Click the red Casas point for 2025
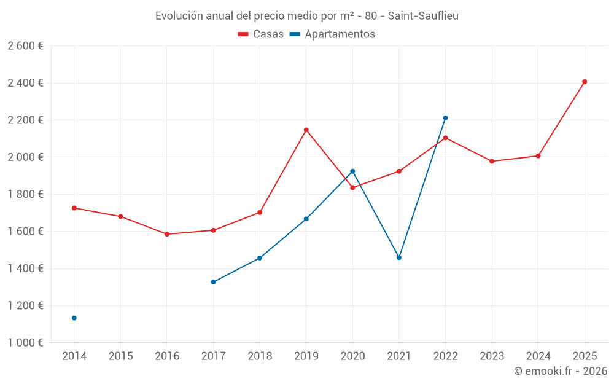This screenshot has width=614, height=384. point(585,82)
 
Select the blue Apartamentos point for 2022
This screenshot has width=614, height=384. point(445,118)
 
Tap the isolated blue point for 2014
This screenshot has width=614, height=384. point(74,318)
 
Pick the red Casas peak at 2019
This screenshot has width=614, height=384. point(306,130)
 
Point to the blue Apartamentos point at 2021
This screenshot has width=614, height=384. point(399,257)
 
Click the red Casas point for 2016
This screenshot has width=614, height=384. point(167,234)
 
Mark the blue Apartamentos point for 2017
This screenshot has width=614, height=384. point(213,282)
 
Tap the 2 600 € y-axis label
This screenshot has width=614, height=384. point(25,46)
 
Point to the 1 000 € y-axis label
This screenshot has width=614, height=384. point(25,343)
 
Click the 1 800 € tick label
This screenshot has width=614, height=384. point(25,194)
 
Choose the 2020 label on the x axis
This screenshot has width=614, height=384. point(352,356)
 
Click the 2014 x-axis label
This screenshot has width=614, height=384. point(74,356)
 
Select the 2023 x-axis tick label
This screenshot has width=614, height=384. point(492,356)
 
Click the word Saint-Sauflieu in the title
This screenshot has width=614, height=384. point(423,15)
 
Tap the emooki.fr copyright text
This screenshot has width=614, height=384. point(560,371)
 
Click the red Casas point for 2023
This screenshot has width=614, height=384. point(492,161)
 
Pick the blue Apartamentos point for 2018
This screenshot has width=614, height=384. point(260,258)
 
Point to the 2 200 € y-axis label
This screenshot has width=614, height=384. point(25,120)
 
